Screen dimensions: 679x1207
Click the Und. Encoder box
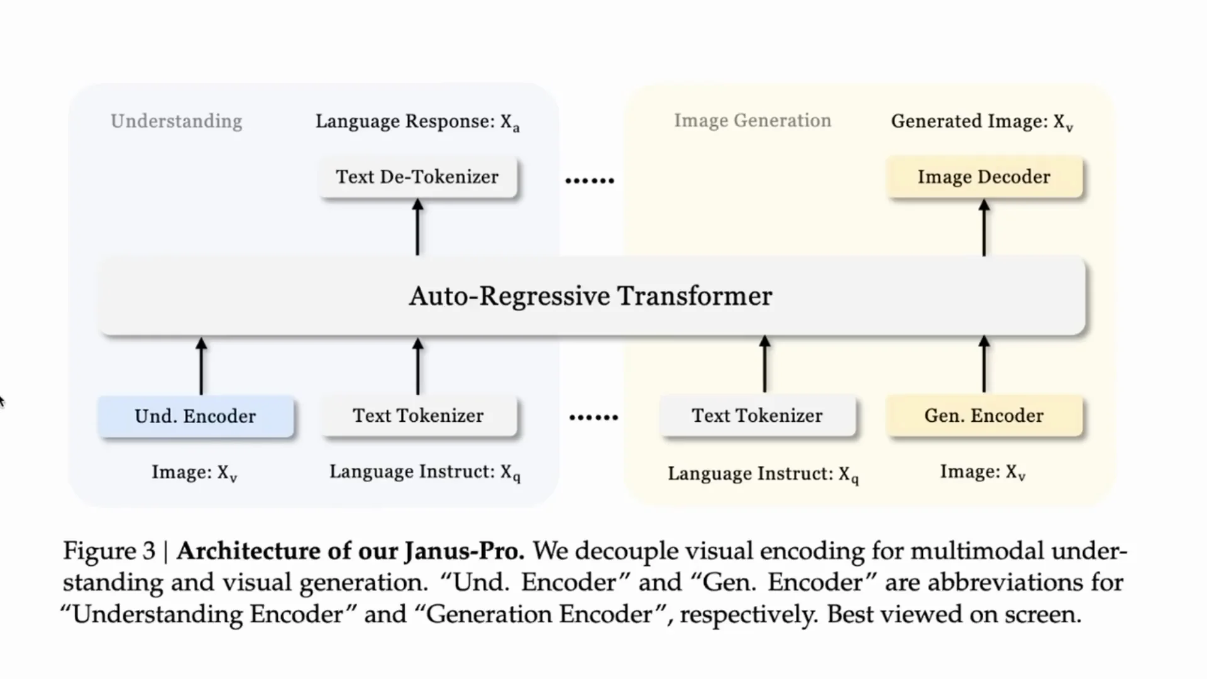(x=196, y=416)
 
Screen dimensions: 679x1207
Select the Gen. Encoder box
(x=984, y=416)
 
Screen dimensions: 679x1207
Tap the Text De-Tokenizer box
(x=417, y=177)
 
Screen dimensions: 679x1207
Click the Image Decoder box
(x=984, y=177)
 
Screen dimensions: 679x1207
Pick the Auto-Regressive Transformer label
(x=590, y=296)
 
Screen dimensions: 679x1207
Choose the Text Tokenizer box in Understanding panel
(x=418, y=416)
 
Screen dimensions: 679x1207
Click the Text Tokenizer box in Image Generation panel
(x=757, y=416)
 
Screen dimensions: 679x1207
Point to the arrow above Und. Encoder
(x=201, y=366)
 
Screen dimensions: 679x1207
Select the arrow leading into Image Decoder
(x=984, y=228)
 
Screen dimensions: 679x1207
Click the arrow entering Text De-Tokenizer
(x=417, y=228)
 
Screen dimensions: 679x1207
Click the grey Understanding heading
(x=176, y=121)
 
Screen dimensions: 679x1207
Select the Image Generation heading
(x=752, y=120)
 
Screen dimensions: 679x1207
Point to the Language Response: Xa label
(x=417, y=122)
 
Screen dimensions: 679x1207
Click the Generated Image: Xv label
(x=982, y=122)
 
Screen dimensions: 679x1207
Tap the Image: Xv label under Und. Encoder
(x=194, y=473)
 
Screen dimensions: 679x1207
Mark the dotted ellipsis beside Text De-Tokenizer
(x=589, y=180)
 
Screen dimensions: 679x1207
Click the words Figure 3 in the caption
(x=109, y=551)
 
